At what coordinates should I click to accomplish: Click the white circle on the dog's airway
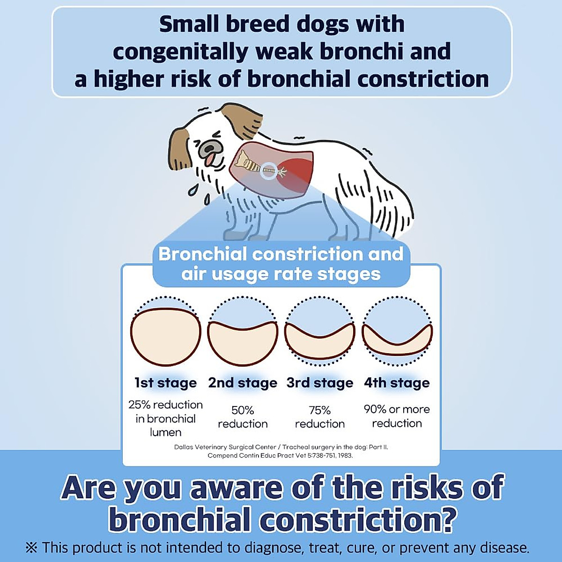click(x=268, y=170)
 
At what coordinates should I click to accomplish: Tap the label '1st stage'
click(x=165, y=383)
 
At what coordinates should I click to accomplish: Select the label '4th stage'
click(x=397, y=383)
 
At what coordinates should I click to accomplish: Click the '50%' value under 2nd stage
click(x=243, y=410)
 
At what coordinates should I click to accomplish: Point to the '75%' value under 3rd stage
click(x=320, y=410)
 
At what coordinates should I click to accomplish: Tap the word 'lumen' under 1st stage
click(x=165, y=432)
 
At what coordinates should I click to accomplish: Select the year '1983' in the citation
click(x=344, y=455)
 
